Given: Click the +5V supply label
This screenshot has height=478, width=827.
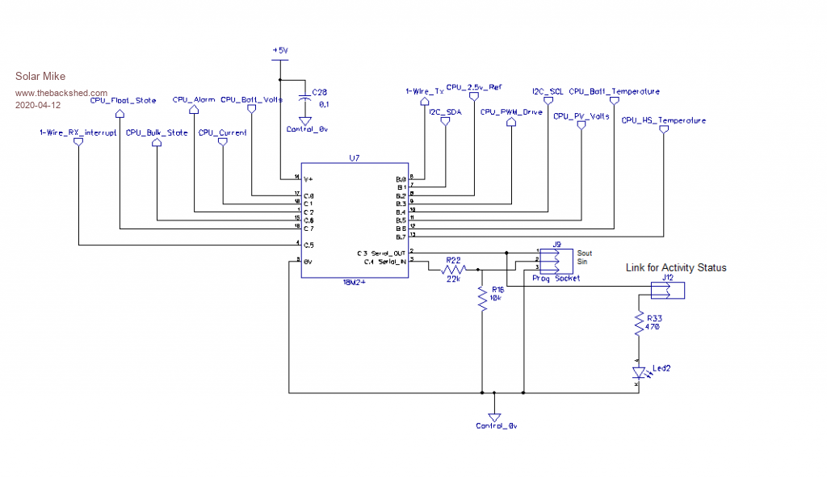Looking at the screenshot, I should pyautogui.click(x=279, y=50).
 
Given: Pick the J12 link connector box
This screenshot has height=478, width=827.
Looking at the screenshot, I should pyautogui.click(x=667, y=289).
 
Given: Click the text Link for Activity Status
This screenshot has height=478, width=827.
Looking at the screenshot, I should pyautogui.click(x=675, y=267).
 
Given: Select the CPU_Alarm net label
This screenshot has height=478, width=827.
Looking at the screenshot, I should pyautogui.click(x=194, y=99).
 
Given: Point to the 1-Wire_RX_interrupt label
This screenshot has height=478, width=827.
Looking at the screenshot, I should pyautogui.click(x=78, y=132).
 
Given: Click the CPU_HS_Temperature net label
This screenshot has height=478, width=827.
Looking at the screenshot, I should pyautogui.click(x=663, y=121).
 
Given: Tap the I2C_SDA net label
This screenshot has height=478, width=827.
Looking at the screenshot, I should pyautogui.click(x=446, y=112).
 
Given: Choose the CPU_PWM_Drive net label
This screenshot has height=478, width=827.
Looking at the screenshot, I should pyautogui.click(x=511, y=112).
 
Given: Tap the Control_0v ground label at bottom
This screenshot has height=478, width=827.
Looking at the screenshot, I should pyautogui.click(x=495, y=426).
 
